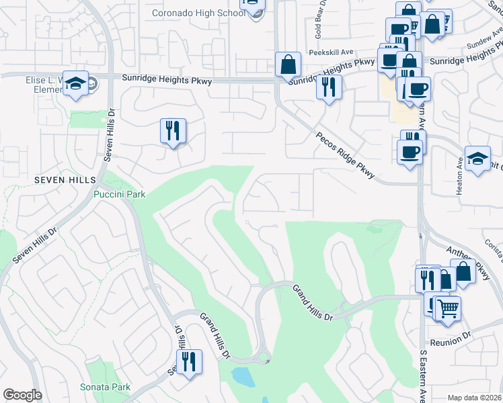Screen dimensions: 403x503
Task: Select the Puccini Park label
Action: point(119,194)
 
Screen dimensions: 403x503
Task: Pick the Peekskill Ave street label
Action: point(331,52)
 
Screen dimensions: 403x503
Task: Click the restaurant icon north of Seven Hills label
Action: point(173,130)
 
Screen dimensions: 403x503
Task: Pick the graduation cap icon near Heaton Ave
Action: point(477,159)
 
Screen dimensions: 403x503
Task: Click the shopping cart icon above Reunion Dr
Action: point(447,308)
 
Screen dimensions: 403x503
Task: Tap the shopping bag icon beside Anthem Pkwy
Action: point(463,271)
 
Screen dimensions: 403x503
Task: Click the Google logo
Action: point(22,395)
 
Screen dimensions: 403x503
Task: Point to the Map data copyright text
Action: point(473,398)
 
